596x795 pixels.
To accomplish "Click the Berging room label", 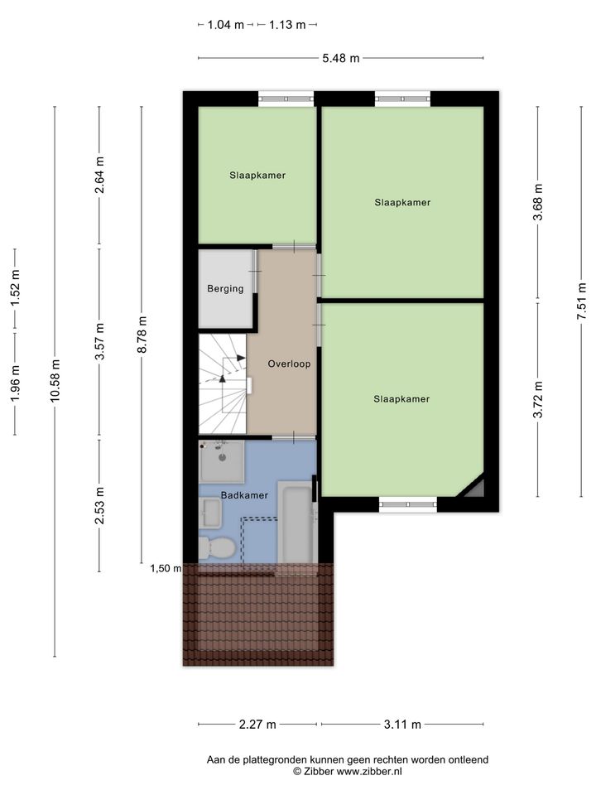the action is pos(225,289).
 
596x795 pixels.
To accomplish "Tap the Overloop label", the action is pos(289,364).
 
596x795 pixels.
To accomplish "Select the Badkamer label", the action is pos(244,495).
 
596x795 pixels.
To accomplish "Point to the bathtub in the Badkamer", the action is pos(296,523).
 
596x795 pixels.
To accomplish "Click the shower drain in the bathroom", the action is pos(222,457).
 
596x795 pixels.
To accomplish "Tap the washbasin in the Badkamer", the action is pos(210,513).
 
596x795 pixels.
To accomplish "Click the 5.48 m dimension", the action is pos(341,58).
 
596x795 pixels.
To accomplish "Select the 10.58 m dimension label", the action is pos(55,381).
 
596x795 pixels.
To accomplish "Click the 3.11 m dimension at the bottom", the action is pos(402,724).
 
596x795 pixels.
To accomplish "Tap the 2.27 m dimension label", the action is pos(257,724).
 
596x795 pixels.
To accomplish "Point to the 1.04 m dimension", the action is pos(226,24).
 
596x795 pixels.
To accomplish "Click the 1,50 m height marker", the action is pos(166,568).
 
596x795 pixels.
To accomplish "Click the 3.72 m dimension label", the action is pos(538,399).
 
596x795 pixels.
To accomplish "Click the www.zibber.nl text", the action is pos(369,771).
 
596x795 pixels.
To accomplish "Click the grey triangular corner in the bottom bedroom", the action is pos(475,488).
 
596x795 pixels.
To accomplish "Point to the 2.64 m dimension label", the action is pos(99,175).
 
